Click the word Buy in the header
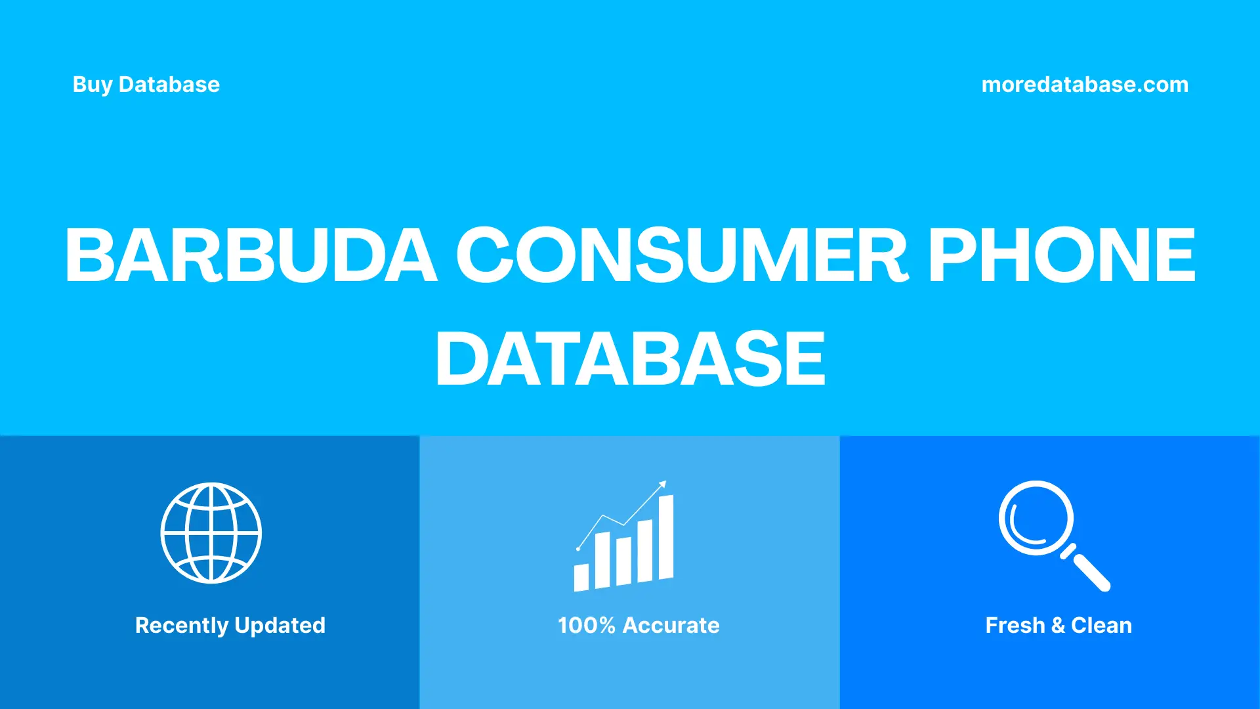93,85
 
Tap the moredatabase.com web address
1085,85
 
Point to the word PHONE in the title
1062,255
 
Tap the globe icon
211,533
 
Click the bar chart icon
624,538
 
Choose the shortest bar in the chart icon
581,577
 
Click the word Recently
182,626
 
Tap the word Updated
280,626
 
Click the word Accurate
671,626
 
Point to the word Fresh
1015,626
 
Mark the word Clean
1101,626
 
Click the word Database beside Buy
169,85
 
